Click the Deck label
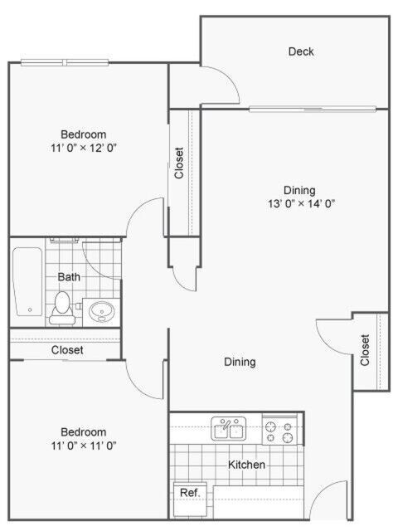(301, 51)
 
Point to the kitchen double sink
(228, 429)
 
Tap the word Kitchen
(246, 465)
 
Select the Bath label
(69, 276)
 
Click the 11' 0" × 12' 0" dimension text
(83, 149)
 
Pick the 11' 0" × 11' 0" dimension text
(83, 446)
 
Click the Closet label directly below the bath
(67, 350)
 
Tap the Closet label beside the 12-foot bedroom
(179, 163)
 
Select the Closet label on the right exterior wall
(366, 350)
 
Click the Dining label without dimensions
(240, 362)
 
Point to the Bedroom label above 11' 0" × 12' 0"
(83, 134)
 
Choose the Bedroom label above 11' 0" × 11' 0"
(83, 431)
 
